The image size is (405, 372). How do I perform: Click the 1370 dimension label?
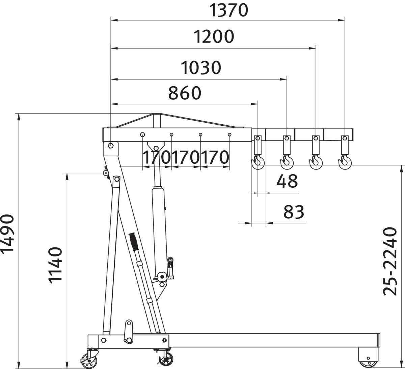click(229, 10)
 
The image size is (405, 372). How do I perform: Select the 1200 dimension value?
click(214, 36)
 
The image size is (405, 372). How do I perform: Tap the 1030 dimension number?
click(201, 67)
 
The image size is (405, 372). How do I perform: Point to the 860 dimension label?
click(185, 93)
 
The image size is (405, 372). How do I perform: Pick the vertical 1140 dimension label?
click(55, 265)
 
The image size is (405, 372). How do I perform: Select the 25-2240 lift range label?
click(390, 261)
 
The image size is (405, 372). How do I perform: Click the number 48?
click(287, 181)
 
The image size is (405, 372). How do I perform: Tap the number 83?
click(294, 212)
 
